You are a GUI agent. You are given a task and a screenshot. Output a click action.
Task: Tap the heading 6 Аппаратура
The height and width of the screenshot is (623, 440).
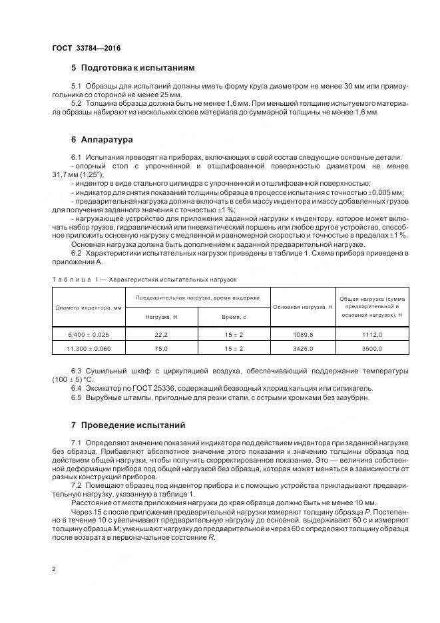click(102, 140)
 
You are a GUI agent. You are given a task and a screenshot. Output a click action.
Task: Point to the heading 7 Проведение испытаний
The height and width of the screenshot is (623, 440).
click(128, 425)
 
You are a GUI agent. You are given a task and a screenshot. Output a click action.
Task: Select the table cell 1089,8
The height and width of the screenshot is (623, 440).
click(303, 335)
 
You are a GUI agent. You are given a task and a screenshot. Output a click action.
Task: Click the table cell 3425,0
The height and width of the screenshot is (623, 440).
click(303, 348)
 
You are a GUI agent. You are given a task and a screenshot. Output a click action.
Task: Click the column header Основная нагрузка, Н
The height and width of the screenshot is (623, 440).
click(303, 307)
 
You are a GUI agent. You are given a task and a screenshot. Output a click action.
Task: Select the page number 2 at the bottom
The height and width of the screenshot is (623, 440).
click(53, 570)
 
